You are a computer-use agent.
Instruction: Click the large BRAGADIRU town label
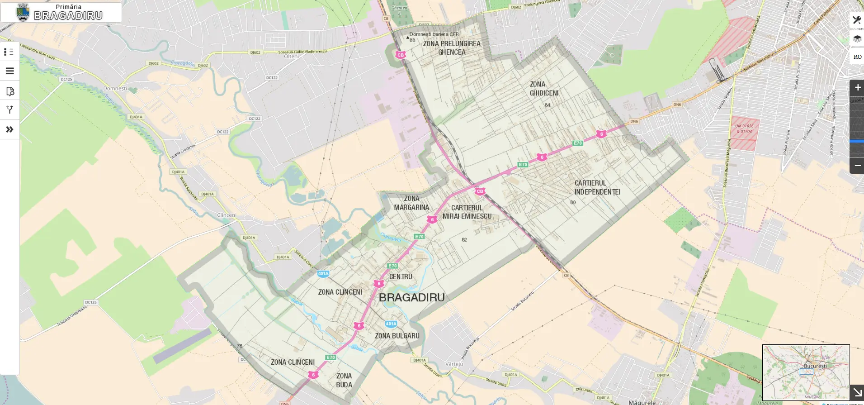click(411, 298)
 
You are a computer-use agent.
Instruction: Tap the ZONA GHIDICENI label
click(544, 89)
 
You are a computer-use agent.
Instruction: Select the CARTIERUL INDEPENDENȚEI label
click(597, 187)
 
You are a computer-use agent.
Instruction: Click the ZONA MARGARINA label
click(411, 203)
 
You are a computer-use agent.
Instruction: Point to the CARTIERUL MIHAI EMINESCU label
click(467, 212)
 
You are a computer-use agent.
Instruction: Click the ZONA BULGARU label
click(397, 336)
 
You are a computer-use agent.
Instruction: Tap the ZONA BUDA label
click(344, 380)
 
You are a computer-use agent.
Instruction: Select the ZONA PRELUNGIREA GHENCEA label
click(452, 48)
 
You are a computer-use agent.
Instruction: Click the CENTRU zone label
click(401, 276)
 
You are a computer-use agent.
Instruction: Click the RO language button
click(857, 57)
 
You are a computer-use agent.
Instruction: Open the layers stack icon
click(857, 39)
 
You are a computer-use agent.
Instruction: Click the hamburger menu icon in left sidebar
click(9, 71)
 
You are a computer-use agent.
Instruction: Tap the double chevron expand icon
click(9, 129)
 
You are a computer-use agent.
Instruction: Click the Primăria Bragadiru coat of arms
click(23, 12)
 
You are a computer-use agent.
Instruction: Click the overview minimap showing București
click(806, 372)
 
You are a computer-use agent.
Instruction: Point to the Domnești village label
click(115, 89)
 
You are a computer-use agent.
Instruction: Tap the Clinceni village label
click(227, 215)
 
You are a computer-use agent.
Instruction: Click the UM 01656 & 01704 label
click(744, 129)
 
